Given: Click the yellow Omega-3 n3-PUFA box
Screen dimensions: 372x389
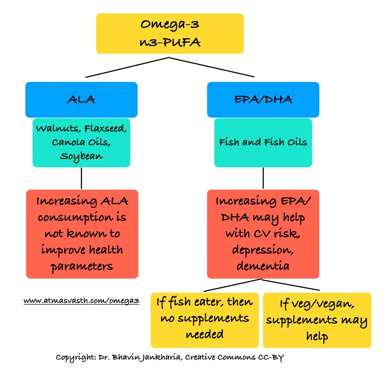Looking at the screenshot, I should pyautogui.click(x=169, y=33).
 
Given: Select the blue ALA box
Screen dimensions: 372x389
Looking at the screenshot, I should pyautogui.click(x=81, y=99).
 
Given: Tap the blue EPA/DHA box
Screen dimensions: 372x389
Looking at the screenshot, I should pyautogui.click(x=263, y=99).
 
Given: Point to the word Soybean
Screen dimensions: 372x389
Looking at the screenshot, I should pyautogui.click(x=81, y=156).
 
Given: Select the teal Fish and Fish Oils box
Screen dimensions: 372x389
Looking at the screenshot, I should pyautogui.click(x=263, y=142).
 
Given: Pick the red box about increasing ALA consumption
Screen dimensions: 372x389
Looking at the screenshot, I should pyautogui.click(x=82, y=234).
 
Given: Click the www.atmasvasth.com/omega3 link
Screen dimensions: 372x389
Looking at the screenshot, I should pyautogui.click(x=81, y=301).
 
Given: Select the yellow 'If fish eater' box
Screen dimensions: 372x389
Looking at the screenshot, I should pyautogui.click(x=205, y=319).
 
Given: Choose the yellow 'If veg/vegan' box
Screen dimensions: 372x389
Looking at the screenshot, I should pyautogui.click(x=317, y=319).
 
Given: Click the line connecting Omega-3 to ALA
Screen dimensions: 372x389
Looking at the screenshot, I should pyautogui.click(x=127, y=67).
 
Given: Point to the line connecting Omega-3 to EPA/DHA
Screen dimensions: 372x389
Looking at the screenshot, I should pyautogui.click(x=212, y=67).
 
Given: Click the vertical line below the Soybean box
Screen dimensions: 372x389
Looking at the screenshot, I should pyautogui.click(x=81, y=178).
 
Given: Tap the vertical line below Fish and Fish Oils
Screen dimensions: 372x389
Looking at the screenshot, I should pyautogui.click(x=263, y=178).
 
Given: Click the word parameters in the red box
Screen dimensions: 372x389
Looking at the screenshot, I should pyautogui.click(x=82, y=266).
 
